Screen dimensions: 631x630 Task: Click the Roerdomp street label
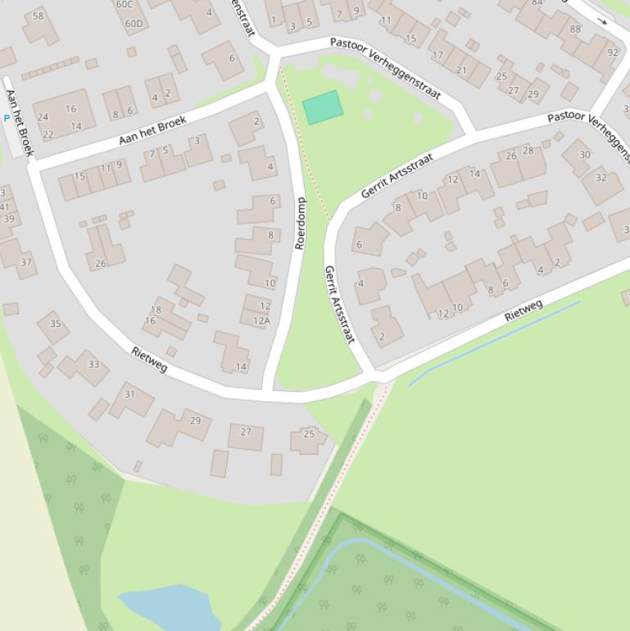300,223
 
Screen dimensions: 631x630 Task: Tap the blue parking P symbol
7,119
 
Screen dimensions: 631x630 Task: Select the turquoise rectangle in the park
323,107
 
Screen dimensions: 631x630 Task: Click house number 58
38,16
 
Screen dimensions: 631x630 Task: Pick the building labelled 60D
134,23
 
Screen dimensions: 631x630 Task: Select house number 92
613,52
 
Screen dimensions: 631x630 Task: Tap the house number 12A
261,320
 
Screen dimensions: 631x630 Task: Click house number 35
55,323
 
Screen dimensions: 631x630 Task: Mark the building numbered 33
93,365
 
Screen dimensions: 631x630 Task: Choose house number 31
129,394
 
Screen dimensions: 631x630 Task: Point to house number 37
26,262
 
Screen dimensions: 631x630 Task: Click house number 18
156,310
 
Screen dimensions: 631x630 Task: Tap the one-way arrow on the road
602,21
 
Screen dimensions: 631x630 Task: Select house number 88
574,30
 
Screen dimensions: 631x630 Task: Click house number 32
601,178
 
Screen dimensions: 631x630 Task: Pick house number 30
584,154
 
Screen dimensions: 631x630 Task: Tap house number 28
528,150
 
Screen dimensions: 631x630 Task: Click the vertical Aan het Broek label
19,123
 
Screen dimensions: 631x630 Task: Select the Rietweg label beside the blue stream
523,311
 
